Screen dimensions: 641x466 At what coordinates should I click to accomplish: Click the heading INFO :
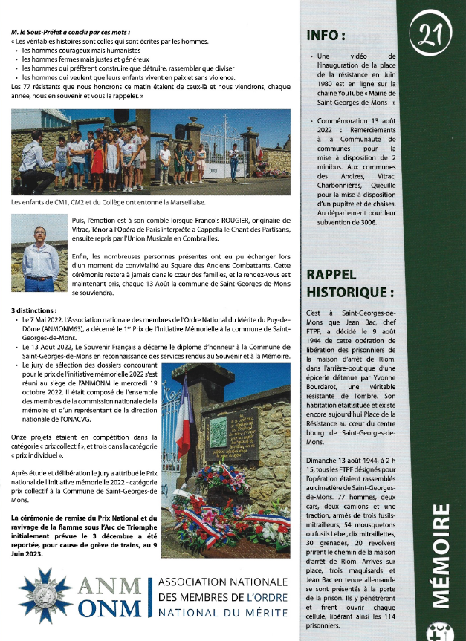point(326,35)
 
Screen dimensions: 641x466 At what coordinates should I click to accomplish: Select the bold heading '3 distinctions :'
point(35,309)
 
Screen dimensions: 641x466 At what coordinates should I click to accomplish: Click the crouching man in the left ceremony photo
point(31,156)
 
